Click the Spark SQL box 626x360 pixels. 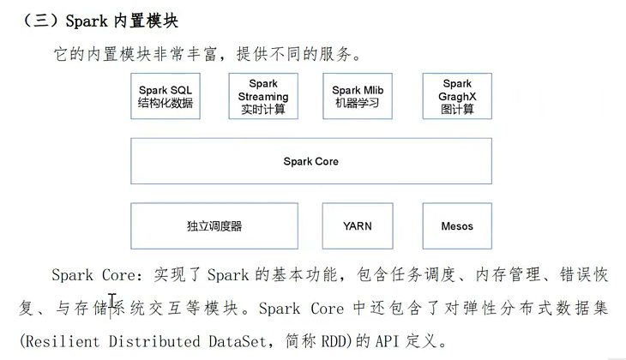(166, 96)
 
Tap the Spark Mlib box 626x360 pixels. (358, 96)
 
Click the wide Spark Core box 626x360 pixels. (310, 161)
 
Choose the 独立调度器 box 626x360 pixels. (214, 226)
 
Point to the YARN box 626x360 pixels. (357, 226)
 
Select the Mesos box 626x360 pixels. (456, 226)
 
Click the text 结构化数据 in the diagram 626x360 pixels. (166, 104)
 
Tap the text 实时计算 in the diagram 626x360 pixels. (263, 110)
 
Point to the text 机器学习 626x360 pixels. (358, 104)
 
